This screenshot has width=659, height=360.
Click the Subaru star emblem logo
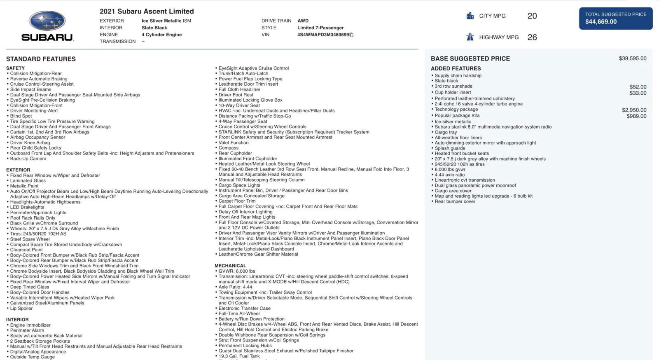point(47,21)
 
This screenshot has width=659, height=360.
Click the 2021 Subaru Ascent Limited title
point(147,12)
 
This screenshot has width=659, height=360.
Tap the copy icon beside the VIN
point(352,35)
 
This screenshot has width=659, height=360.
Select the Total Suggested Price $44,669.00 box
point(616,18)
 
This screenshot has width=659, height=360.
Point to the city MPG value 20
point(532,16)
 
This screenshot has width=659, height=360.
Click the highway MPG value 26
point(532,37)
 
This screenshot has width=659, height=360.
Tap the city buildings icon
point(470,16)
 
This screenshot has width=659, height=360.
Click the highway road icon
point(470,37)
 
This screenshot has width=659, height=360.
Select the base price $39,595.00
point(632,58)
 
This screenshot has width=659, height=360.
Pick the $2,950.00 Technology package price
point(634,110)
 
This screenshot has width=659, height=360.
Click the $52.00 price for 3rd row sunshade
point(638,87)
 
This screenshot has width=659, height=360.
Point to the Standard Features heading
point(41,59)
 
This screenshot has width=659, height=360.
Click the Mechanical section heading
point(230,266)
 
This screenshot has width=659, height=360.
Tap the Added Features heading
point(456,68)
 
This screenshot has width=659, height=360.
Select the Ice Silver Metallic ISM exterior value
point(166,21)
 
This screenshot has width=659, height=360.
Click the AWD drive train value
point(303,21)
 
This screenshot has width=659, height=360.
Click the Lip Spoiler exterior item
point(21,309)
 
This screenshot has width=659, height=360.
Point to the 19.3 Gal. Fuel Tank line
point(239,356)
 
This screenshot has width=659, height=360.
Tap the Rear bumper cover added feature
point(455,201)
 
